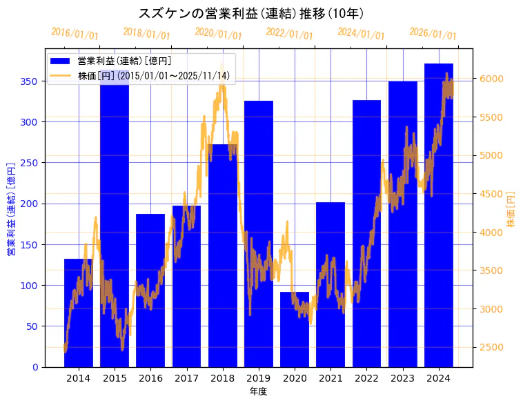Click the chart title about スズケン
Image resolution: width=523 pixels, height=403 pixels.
click(251, 13)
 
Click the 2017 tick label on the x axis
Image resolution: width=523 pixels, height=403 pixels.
click(186, 378)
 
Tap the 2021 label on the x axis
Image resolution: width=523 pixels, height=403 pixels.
click(330, 378)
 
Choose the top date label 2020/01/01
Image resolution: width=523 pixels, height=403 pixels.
click(218, 33)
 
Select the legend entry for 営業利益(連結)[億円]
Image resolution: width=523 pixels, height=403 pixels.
click(124, 61)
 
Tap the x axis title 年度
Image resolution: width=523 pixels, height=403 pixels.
click(258, 391)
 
